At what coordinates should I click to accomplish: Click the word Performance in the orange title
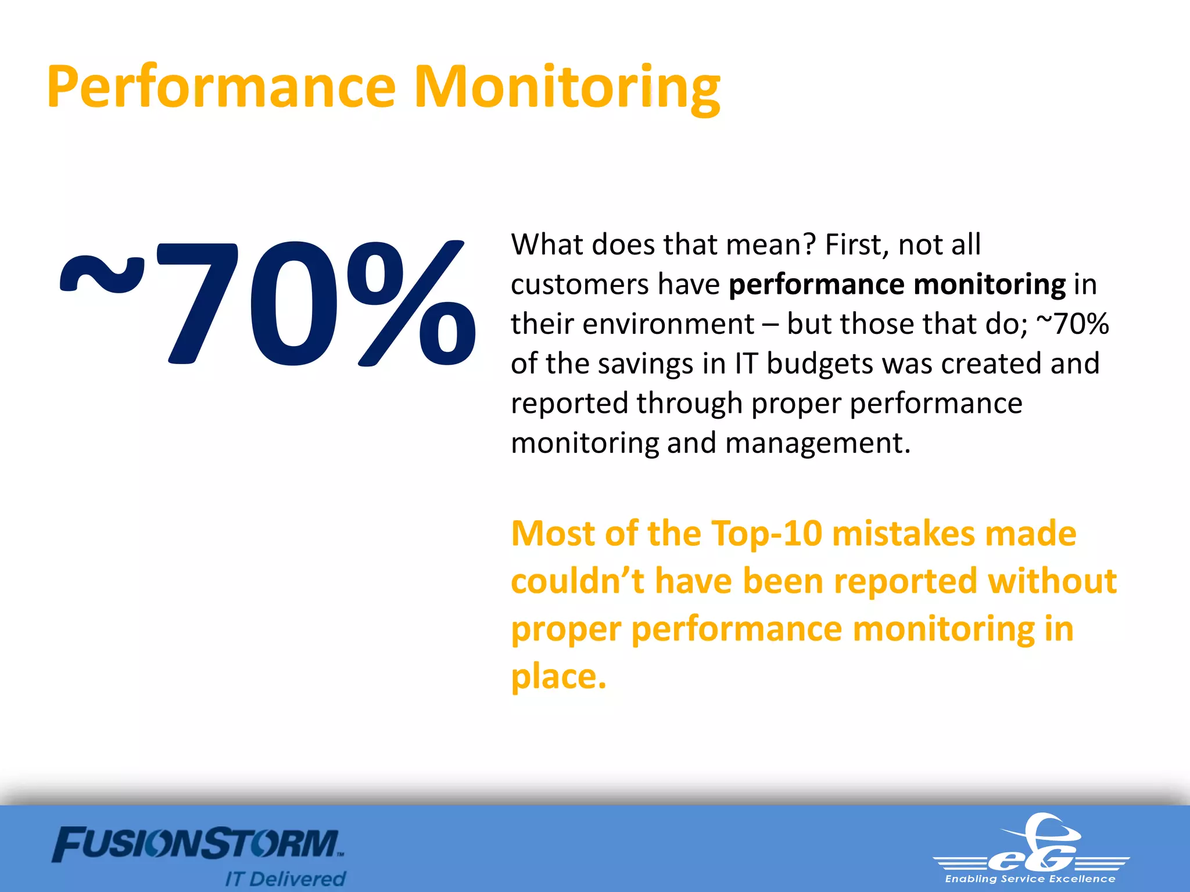point(221,87)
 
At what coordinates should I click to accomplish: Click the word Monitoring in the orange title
point(567,87)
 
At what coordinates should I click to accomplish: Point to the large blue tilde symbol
point(102,273)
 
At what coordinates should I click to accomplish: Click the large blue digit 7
point(198,303)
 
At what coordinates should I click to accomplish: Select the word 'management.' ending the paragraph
point(818,443)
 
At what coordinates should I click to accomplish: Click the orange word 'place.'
point(558,677)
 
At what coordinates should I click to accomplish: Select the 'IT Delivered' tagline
point(285,879)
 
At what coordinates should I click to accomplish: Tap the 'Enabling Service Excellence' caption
point(1030,879)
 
